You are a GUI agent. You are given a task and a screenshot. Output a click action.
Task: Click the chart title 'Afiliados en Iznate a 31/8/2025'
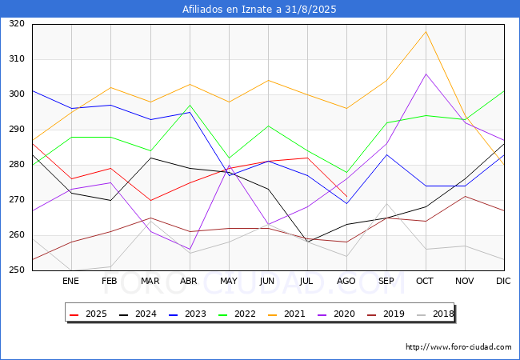(259, 9)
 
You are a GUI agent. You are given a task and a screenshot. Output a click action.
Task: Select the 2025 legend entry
(88, 314)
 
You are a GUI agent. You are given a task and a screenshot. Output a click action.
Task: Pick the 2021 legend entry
(286, 314)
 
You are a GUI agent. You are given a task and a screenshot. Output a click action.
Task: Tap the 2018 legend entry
(435, 314)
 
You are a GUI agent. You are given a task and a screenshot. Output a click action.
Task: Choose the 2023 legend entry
(187, 314)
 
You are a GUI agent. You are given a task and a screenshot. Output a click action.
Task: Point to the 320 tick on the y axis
(17, 23)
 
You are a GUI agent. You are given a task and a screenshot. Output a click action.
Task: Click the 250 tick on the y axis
(17, 270)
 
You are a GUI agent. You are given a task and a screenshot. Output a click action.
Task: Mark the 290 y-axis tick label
(17, 130)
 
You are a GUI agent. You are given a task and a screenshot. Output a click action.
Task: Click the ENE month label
(70, 281)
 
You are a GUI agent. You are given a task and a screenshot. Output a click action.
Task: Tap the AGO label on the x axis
(346, 281)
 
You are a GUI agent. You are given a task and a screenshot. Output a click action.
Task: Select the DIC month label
(503, 281)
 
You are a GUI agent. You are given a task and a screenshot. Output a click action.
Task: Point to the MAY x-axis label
(229, 281)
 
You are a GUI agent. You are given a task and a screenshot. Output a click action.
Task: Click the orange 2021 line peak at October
(426, 31)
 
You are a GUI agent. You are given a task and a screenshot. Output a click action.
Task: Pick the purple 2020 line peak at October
(426, 74)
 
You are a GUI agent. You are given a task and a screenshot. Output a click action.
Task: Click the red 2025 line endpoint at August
(347, 197)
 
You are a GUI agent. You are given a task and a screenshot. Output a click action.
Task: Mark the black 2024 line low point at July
(308, 242)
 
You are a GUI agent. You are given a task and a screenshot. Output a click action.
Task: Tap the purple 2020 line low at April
(190, 250)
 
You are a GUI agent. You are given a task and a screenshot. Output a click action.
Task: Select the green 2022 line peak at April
(190, 105)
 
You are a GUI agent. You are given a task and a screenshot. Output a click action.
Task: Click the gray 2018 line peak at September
(386, 203)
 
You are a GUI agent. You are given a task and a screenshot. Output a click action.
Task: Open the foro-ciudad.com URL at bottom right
(458, 347)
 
